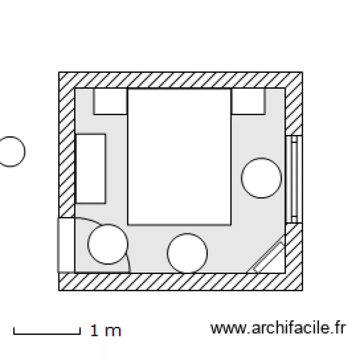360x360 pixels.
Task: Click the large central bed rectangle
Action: click(x=180, y=157)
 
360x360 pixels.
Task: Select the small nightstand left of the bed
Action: click(x=110, y=101)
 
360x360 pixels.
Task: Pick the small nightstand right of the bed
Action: click(x=249, y=101)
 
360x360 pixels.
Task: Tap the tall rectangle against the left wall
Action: click(x=90, y=169)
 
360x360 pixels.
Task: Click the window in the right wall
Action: click(x=294, y=180)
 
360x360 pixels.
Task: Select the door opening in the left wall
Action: click(x=66, y=245)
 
